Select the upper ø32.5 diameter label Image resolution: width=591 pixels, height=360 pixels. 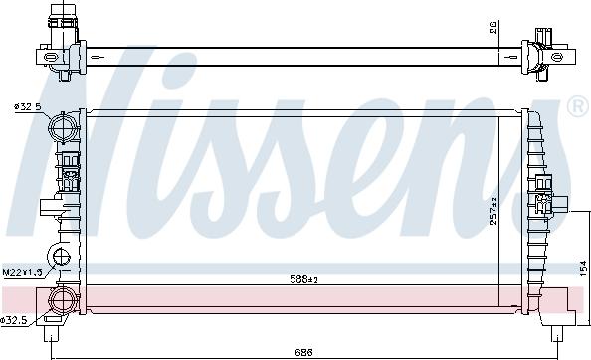click(28, 107)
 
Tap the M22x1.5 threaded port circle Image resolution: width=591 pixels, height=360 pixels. click(62, 260)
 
